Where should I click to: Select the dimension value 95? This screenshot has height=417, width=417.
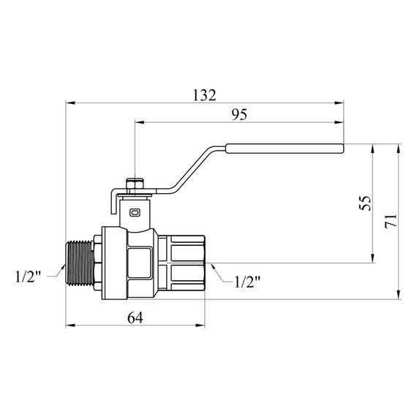239,116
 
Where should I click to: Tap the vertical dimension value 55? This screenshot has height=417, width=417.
366,202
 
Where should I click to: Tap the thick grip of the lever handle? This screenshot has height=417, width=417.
285,151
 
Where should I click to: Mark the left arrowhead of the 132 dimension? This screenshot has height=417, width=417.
69,102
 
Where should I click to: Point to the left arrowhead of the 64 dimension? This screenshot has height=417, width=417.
69,326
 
